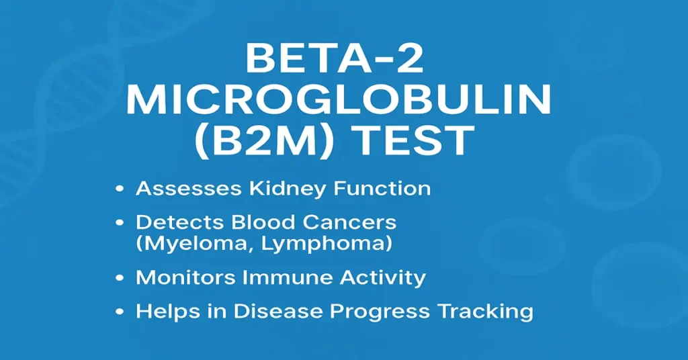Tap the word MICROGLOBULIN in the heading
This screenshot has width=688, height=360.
click(x=339, y=101)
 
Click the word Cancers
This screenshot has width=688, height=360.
click(x=353, y=222)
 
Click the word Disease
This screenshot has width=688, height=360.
click(x=272, y=312)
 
